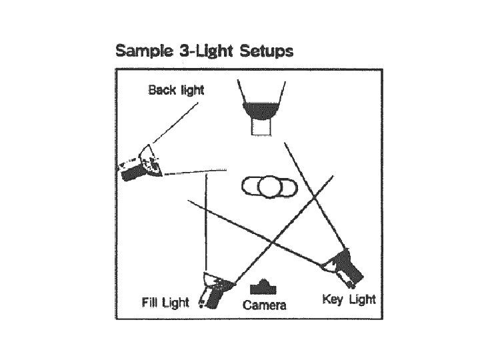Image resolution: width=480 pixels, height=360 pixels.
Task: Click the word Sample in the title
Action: (x=142, y=51)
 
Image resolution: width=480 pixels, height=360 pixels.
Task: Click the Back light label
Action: (x=176, y=89)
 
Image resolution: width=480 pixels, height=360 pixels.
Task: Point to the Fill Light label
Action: (x=165, y=303)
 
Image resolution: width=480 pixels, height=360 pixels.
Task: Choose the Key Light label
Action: (x=349, y=299)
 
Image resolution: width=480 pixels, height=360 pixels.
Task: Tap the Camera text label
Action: (x=265, y=305)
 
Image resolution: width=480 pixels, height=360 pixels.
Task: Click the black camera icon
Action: (x=264, y=287)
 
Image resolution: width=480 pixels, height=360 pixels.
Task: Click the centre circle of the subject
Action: (x=269, y=187)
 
